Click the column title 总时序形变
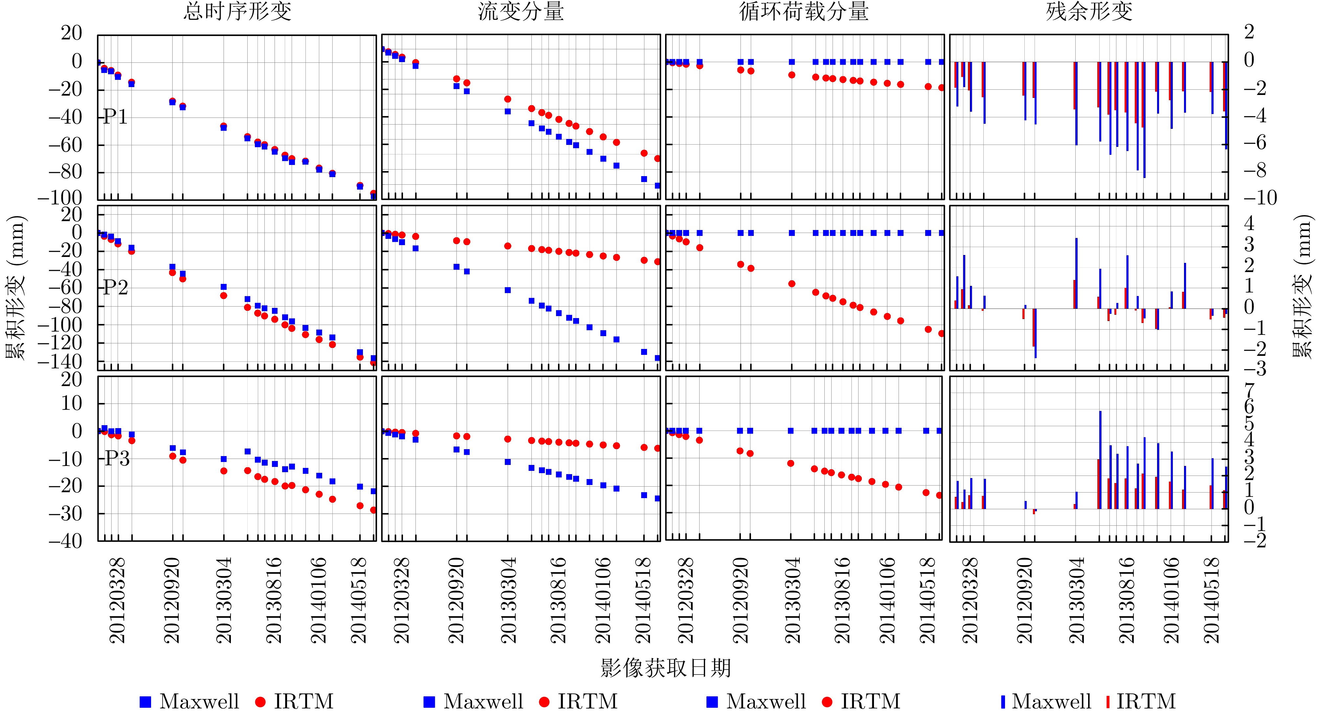click(x=237, y=11)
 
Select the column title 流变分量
click(x=521, y=11)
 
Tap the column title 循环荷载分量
click(x=804, y=11)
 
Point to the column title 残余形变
click(x=1089, y=11)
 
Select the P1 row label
click(x=116, y=117)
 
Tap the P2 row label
click(x=116, y=288)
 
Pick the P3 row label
click(x=117, y=458)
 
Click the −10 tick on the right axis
click(x=1260, y=198)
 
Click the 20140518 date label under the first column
click(x=359, y=600)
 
